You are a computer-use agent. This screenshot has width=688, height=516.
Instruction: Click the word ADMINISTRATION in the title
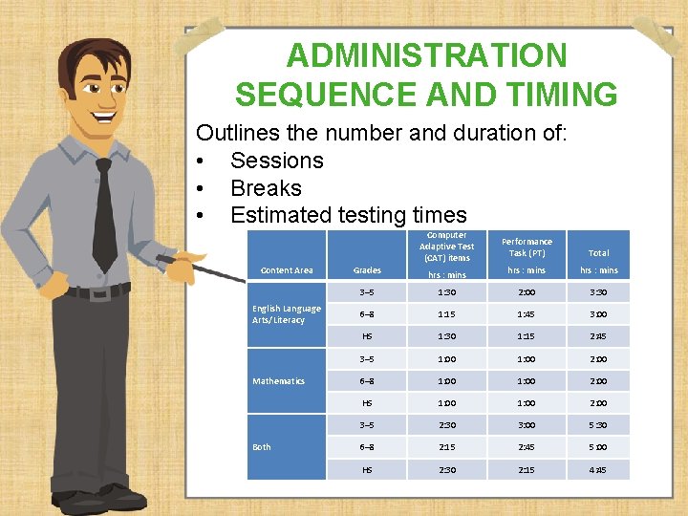point(426,55)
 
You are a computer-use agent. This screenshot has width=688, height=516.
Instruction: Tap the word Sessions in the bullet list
point(277,161)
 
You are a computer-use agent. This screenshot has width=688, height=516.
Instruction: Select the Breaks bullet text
point(266,188)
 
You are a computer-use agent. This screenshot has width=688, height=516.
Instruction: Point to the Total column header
point(598,253)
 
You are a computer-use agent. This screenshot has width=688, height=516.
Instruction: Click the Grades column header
point(367,270)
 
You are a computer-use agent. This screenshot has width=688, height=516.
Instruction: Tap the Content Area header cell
point(287,270)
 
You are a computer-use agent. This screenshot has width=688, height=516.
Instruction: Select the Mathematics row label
point(278,381)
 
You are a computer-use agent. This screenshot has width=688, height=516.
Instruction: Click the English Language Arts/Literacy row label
point(287,314)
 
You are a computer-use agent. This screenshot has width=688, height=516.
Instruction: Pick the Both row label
point(262,447)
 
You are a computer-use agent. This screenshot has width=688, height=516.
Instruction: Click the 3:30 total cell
point(598,292)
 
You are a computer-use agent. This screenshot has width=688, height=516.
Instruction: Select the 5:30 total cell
point(598,425)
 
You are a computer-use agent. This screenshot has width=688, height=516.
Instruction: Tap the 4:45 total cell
point(598,469)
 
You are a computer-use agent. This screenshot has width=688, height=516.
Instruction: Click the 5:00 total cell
point(598,447)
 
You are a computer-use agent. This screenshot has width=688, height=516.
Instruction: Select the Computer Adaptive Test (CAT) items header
point(446,247)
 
